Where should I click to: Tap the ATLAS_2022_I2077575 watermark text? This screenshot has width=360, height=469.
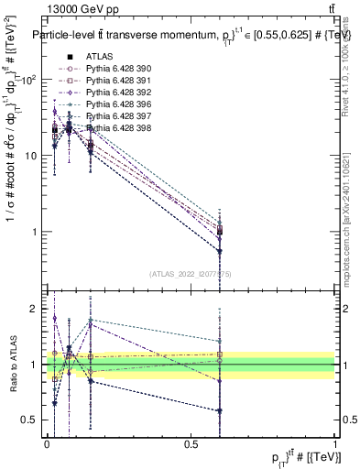(x=191, y=272)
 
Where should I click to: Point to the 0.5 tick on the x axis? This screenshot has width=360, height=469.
(x=191, y=444)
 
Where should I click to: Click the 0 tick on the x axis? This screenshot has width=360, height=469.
(x=48, y=444)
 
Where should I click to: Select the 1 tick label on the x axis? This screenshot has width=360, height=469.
(x=335, y=444)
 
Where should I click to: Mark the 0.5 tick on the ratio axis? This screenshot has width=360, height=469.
(x=36, y=420)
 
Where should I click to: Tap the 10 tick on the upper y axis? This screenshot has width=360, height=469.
(x=33, y=155)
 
